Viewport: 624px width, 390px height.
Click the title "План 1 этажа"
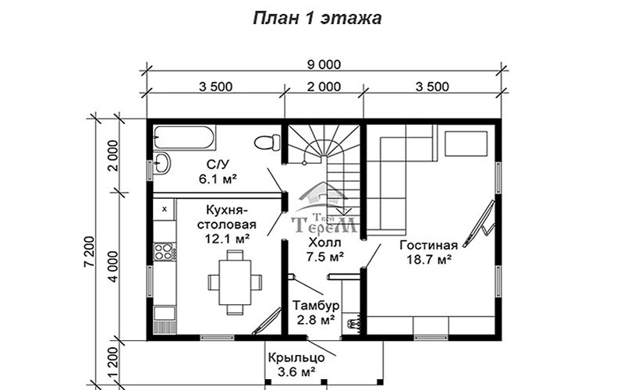[317, 18]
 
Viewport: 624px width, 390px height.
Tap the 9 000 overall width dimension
[324, 65]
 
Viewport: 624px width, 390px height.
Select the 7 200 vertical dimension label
[90, 251]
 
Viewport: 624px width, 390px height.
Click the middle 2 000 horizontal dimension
[324, 87]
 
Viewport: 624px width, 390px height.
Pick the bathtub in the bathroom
[184, 138]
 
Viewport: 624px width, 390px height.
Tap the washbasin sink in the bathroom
[161, 163]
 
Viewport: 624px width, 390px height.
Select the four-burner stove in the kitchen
[164, 251]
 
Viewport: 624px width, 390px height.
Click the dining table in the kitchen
[235, 282]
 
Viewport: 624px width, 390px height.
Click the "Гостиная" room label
[428, 246]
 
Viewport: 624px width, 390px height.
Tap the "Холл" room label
[324, 242]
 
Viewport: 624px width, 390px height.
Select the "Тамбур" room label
[316, 305]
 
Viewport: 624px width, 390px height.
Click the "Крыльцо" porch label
[296, 357]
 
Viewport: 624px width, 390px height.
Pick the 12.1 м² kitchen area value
[227, 239]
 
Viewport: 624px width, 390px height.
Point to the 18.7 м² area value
[428, 260]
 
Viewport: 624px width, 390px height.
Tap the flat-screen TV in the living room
[479, 224]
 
